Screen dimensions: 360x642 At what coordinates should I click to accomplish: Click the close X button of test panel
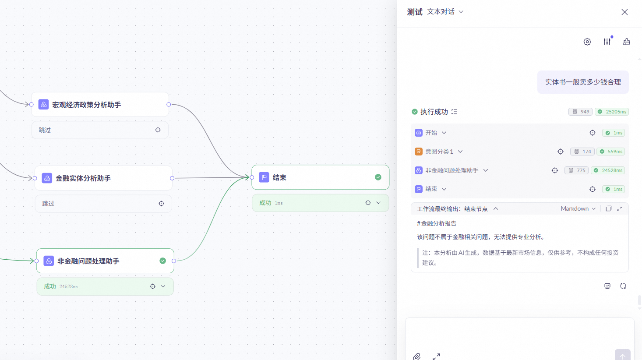[x=624, y=12]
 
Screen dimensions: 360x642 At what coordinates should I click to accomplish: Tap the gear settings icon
[x=587, y=42]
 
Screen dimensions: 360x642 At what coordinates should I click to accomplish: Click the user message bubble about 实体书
[x=583, y=82]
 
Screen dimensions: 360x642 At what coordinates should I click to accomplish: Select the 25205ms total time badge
[x=612, y=112]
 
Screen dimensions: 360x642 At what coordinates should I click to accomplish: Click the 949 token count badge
[x=581, y=112]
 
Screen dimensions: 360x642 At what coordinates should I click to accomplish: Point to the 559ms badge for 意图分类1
[x=611, y=152]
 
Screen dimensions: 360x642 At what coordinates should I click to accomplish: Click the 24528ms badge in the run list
[x=608, y=170]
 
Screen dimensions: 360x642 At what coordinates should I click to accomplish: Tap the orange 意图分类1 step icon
[x=419, y=152]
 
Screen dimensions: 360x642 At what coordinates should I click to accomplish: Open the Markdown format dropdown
[x=578, y=209]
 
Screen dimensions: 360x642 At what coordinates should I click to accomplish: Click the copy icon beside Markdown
[x=608, y=209]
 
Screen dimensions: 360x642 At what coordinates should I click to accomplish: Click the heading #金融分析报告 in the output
[x=437, y=223]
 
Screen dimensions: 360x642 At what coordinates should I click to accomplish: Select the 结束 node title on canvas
[x=279, y=177]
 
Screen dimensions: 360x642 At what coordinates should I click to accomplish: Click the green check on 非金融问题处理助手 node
[x=163, y=261]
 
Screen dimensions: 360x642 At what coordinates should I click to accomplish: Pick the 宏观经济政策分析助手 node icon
[x=43, y=105]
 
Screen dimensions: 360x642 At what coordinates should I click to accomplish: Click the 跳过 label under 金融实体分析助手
[x=48, y=204]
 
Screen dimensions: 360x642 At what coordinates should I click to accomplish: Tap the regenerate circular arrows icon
[x=623, y=286]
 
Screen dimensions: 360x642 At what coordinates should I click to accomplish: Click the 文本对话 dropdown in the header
[x=445, y=12]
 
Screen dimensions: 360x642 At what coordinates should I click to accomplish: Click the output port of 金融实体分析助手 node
[x=172, y=178]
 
